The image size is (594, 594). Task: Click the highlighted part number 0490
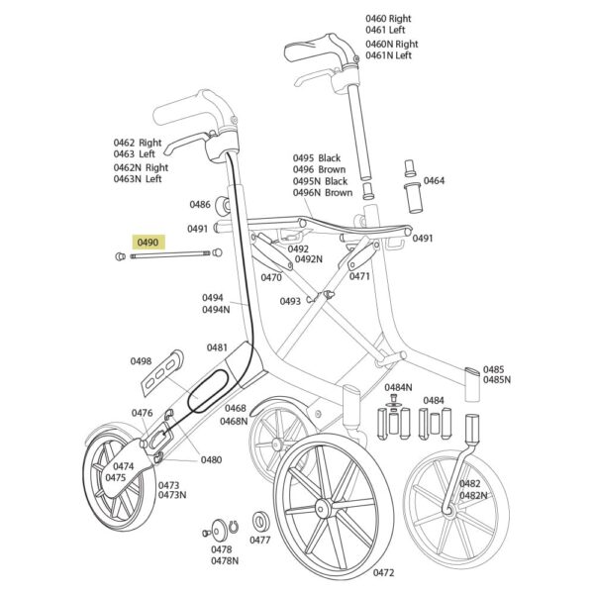tap(148, 243)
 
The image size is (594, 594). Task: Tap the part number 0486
tap(200, 205)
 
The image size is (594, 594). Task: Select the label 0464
tap(435, 181)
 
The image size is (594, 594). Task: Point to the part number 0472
tap(384, 573)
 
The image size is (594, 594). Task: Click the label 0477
tap(259, 540)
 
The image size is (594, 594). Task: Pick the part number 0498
tap(141, 361)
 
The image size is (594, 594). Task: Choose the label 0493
tap(290, 301)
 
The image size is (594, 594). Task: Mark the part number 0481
tap(217, 347)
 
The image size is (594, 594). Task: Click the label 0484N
tap(399, 387)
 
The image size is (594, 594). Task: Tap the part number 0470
tap(271, 277)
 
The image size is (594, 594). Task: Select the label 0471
tap(359, 276)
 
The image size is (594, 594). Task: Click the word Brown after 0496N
tap(339, 192)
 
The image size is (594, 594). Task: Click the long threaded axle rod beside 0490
tap(170, 256)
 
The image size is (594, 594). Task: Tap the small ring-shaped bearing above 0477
tap(259, 522)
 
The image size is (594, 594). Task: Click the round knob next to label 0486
tap(223, 206)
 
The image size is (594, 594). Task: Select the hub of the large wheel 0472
tap(323, 507)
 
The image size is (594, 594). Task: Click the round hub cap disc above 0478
tap(219, 531)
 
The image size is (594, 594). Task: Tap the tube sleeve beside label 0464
tap(413, 198)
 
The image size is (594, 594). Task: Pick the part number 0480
tap(212, 460)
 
